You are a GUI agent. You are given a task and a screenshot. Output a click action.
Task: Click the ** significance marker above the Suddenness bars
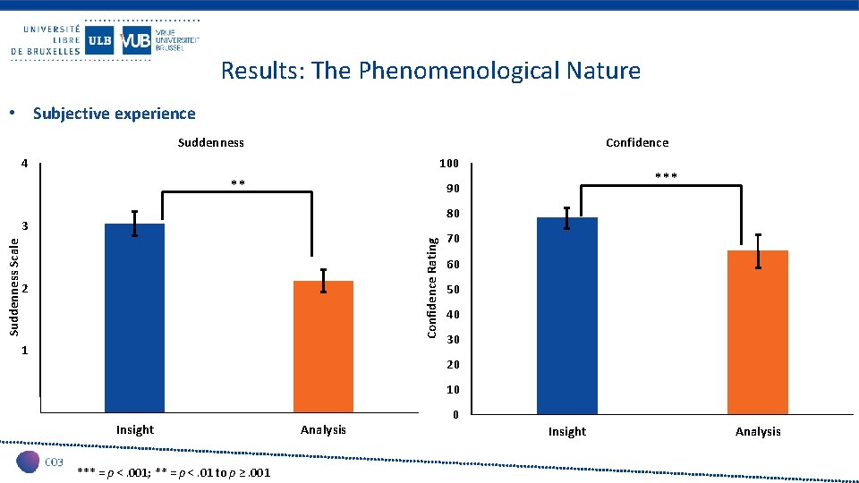238,184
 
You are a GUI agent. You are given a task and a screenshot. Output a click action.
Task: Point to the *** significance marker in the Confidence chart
666,177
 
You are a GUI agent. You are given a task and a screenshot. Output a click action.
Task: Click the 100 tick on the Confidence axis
448,164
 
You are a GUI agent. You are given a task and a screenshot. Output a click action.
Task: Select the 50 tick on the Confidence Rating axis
452,290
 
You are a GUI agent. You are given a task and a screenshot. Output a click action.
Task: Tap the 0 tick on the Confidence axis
455,415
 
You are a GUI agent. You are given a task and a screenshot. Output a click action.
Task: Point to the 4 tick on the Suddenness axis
25,164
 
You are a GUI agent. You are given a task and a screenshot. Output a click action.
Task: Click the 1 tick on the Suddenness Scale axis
25,352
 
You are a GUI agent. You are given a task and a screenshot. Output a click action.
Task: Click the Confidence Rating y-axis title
431,287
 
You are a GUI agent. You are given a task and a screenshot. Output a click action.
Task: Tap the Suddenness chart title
210,142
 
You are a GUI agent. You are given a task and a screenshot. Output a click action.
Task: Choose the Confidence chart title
636,142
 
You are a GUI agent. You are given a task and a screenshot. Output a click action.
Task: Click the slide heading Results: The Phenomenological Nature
430,71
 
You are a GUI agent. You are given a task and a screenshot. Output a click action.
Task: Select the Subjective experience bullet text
114,114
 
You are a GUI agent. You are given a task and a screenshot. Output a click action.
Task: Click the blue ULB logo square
99,40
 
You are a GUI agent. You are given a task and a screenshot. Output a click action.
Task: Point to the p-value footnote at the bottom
174,471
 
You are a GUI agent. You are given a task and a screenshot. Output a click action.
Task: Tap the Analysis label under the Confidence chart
758,431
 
